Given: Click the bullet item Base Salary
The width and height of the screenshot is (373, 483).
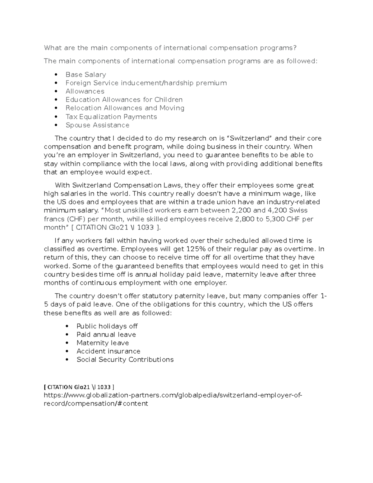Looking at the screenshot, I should [x=85, y=75].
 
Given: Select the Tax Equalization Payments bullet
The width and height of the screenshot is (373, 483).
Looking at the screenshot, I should [x=111, y=117].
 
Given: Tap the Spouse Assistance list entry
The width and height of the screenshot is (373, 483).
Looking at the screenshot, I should [x=97, y=125].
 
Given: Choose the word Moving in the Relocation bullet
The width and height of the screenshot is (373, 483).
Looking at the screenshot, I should [x=172, y=108].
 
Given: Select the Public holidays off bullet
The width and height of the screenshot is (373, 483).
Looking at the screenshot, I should [x=107, y=326].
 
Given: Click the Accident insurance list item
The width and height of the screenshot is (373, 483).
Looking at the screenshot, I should [x=108, y=351].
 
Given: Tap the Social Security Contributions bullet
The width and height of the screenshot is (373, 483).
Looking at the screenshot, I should [x=125, y=360].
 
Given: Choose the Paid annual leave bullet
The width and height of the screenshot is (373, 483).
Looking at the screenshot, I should [x=106, y=335].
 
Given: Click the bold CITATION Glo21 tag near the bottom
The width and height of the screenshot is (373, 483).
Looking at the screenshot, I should [x=79, y=387].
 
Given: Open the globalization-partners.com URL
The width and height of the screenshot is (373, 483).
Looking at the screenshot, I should [x=173, y=395].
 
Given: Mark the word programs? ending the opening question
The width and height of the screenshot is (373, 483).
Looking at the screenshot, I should [x=279, y=48].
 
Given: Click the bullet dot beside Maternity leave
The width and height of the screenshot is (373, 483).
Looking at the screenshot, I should [x=67, y=343].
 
